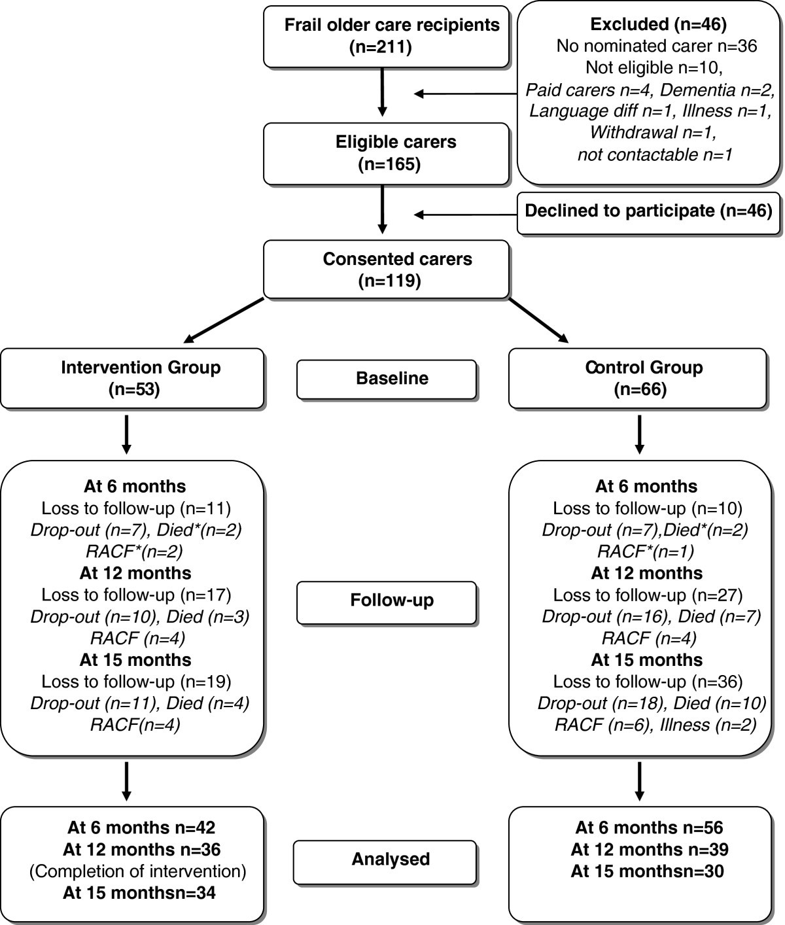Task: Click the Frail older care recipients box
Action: tap(386, 36)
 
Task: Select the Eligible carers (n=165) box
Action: tap(386, 153)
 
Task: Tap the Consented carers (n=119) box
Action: tap(386, 269)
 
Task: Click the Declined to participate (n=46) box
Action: tap(648, 211)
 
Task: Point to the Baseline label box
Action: tap(387, 379)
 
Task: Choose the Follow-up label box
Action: tap(387, 601)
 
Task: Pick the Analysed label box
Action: tap(385, 859)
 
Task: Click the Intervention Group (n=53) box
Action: tap(132, 378)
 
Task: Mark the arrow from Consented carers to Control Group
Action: tap(538, 320)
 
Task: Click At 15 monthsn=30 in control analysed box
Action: tap(647, 871)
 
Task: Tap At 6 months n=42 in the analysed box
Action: tap(141, 828)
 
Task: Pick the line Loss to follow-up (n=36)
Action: tap(648, 682)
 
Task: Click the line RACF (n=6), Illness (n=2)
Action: tap(655, 725)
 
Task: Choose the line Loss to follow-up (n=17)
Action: tap(136, 595)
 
